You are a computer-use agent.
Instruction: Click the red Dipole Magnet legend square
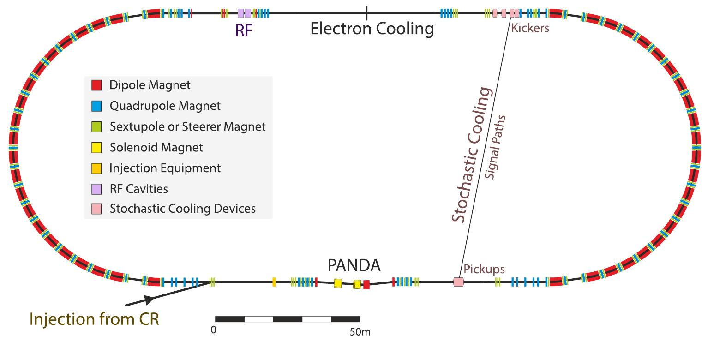click(96, 85)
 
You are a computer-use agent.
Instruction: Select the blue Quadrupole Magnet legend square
click(96, 106)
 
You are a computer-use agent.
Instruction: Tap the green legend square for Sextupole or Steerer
click(96, 127)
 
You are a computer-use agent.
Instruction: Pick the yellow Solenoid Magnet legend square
click(96, 148)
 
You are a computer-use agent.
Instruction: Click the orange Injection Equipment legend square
click(96, 168)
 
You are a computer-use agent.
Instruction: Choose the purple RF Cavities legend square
click(96, 189)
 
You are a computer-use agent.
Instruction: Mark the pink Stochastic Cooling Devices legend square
click(96, 209)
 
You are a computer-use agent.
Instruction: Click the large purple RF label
click(244, 30)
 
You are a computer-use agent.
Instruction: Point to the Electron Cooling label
click(372, 29)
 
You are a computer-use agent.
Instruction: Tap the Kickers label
click(530, 28)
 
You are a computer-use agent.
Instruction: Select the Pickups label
click(484, 269)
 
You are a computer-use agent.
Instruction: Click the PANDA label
click(354, 265)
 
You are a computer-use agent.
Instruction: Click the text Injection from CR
click(94, 319)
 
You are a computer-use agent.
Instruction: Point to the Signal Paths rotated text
click(495, 147)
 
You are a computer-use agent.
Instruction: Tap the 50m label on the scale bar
click(360, 332)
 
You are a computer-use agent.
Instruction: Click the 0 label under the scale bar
click(214, 330)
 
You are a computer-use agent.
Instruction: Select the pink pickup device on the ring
click(458, 282)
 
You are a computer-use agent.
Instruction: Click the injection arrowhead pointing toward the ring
click(149, 299)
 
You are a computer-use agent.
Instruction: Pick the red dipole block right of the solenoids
click(366, 285)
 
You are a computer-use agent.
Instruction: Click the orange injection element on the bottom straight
click(274, 282)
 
